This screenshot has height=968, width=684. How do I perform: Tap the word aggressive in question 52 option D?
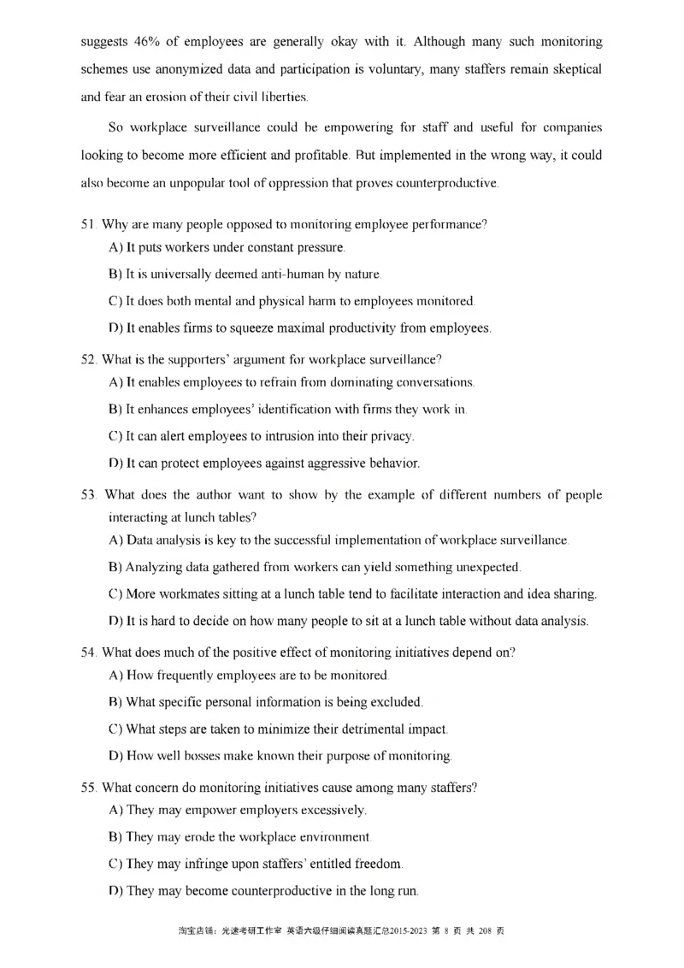pos(304,463)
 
